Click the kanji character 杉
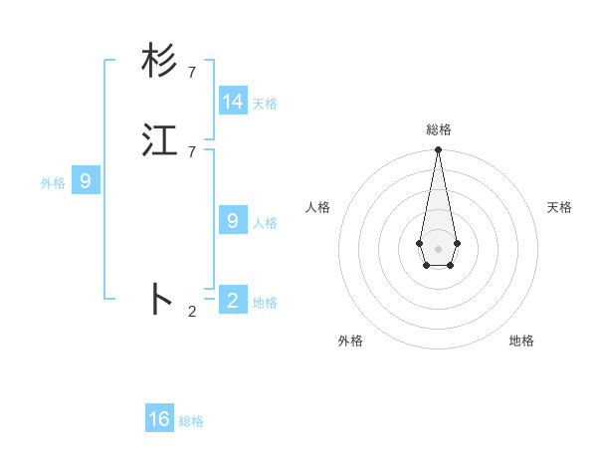[160, 61]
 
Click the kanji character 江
[160, 139]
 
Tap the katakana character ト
[160, 299]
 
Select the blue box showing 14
[233, 102]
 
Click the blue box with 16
[159, 419]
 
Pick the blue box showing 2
[233, 300]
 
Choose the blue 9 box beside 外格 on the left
[86, 181]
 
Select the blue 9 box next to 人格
[233, 220]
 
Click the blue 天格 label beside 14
[265, 104]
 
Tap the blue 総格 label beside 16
[191, 421]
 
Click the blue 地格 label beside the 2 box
[265, 303]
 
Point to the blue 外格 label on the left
[53, 183]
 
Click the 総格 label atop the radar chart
[439, 129]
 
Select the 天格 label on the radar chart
[559, 207]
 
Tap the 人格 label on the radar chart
[318, 207]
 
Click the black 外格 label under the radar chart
[350, 341]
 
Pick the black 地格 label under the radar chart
[521, 341]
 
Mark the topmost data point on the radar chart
[438, 150]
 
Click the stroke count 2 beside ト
[192, 312]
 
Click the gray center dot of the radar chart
[438, 248]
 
